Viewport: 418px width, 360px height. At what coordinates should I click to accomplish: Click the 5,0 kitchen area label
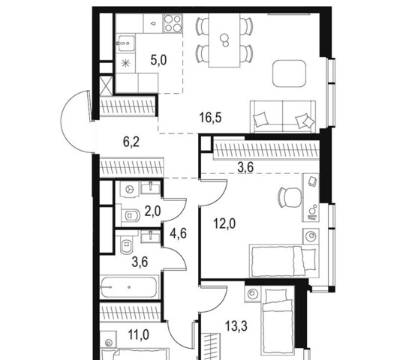(x=158, y=61)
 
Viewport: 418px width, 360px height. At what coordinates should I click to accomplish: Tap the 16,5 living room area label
(x=211, y=118)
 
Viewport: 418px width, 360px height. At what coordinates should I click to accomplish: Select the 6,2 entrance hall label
(x=131, y=142)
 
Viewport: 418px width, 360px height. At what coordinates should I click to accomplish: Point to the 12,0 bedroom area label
(x=224, y=223)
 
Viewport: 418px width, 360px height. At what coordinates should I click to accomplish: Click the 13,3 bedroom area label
(x=236, y=326)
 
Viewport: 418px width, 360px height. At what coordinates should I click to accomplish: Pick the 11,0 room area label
(x=139, y=334)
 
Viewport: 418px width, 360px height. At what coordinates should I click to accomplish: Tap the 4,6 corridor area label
(x=179, y=233)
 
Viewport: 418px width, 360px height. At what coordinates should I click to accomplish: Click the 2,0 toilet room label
(x=153, y=211)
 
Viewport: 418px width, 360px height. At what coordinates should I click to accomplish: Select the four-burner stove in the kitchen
(x=173, y=23)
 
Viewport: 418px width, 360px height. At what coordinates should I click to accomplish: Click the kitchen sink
(x=126, y=43)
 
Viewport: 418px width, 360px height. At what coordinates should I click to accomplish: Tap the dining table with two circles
(x=224, y=40)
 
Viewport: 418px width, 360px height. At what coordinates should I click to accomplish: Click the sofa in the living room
(x=283, y=116)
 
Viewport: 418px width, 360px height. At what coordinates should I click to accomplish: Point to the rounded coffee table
(x=289, y=73)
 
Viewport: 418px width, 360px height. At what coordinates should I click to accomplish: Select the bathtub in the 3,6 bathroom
(x=128, y=287)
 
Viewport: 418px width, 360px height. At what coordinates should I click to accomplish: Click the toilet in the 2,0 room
(x=130, y=215)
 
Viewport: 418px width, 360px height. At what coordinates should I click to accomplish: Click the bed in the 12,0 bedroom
(x=284, y=261)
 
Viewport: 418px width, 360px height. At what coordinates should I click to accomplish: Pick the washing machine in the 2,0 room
(x=130, y=189)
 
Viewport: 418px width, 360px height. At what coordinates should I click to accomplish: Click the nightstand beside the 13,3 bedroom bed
(x=252, y=294)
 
